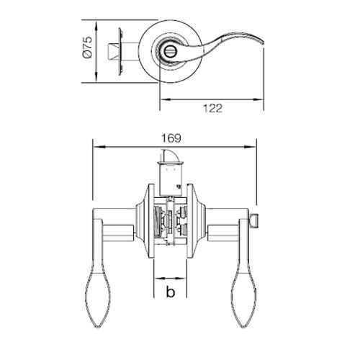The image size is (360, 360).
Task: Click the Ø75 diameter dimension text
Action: [x=85, y=48]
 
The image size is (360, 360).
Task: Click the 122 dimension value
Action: [x=210, y=109]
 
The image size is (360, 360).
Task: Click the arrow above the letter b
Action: [x=171, y=277]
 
